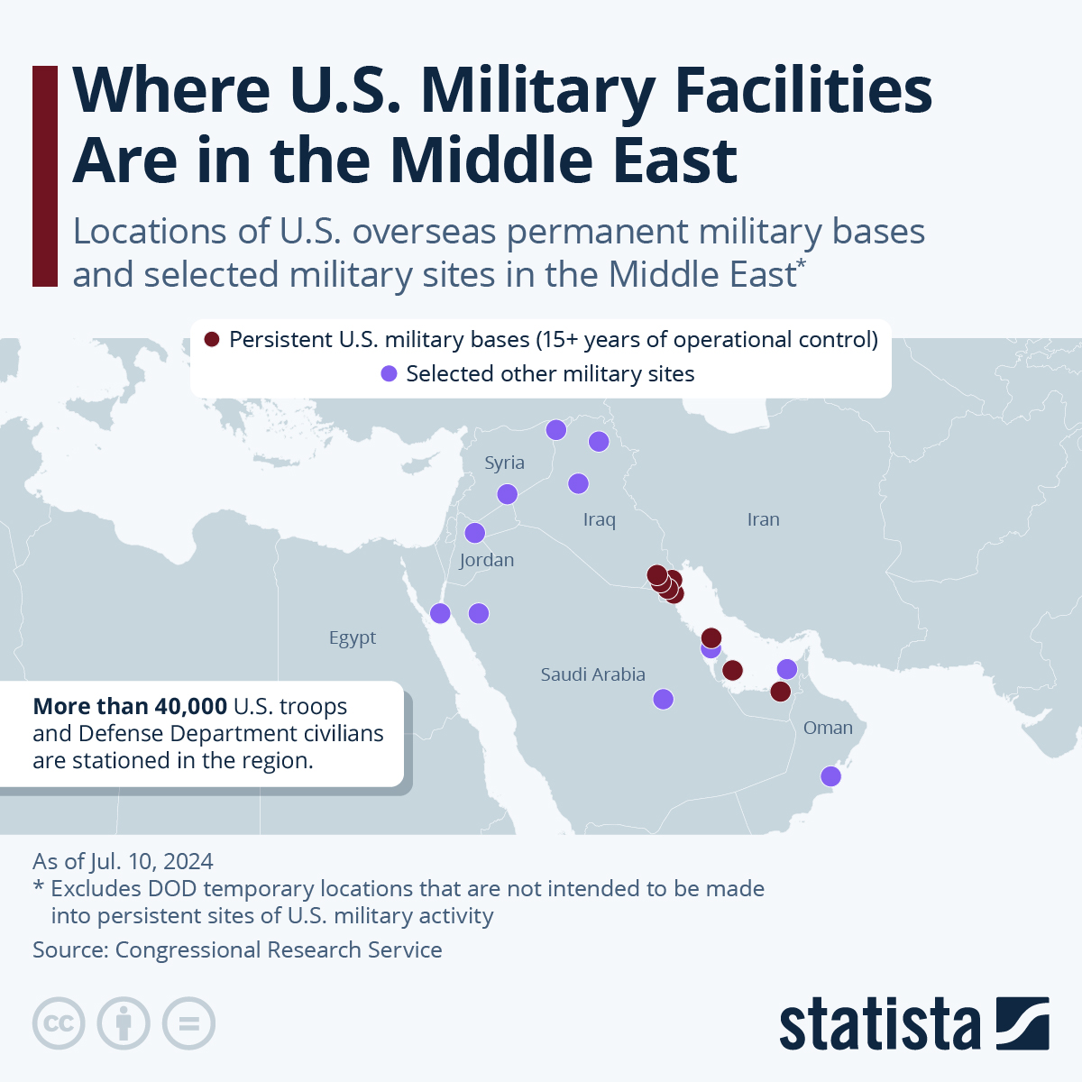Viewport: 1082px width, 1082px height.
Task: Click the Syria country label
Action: coord(504,463)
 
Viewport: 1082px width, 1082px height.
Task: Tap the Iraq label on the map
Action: coord(599,519)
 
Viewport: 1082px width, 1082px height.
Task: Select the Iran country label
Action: coord(763,519)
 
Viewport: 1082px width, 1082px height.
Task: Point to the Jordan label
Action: coord(486,560)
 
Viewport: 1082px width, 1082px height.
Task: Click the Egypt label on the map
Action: coord(353,637)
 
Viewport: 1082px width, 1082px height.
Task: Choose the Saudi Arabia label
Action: coord(592,674)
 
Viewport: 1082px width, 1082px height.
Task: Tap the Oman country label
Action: coord(828,728)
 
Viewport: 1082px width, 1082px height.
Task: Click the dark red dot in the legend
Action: coord(212,340)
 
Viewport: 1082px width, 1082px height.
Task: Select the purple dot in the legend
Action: coord(389,374)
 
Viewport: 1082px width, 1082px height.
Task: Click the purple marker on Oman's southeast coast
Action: coord(830,776)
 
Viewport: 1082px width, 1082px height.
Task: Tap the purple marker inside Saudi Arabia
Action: coord(663,699)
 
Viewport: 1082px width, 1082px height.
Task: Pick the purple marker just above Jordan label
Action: coord(474,533)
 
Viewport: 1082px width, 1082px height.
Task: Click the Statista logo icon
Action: coord(1022,1023)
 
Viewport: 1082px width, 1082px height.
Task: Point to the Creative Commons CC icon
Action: coord(59,1023)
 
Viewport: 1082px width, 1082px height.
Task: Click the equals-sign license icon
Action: coord(188,1023)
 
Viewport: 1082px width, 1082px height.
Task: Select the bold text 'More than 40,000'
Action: coord(129,707)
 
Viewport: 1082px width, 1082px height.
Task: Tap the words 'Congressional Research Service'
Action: coord(279,949)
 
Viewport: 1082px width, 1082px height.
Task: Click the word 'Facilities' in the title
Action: coord(803,90)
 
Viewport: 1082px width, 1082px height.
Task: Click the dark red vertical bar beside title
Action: coord(45,176)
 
